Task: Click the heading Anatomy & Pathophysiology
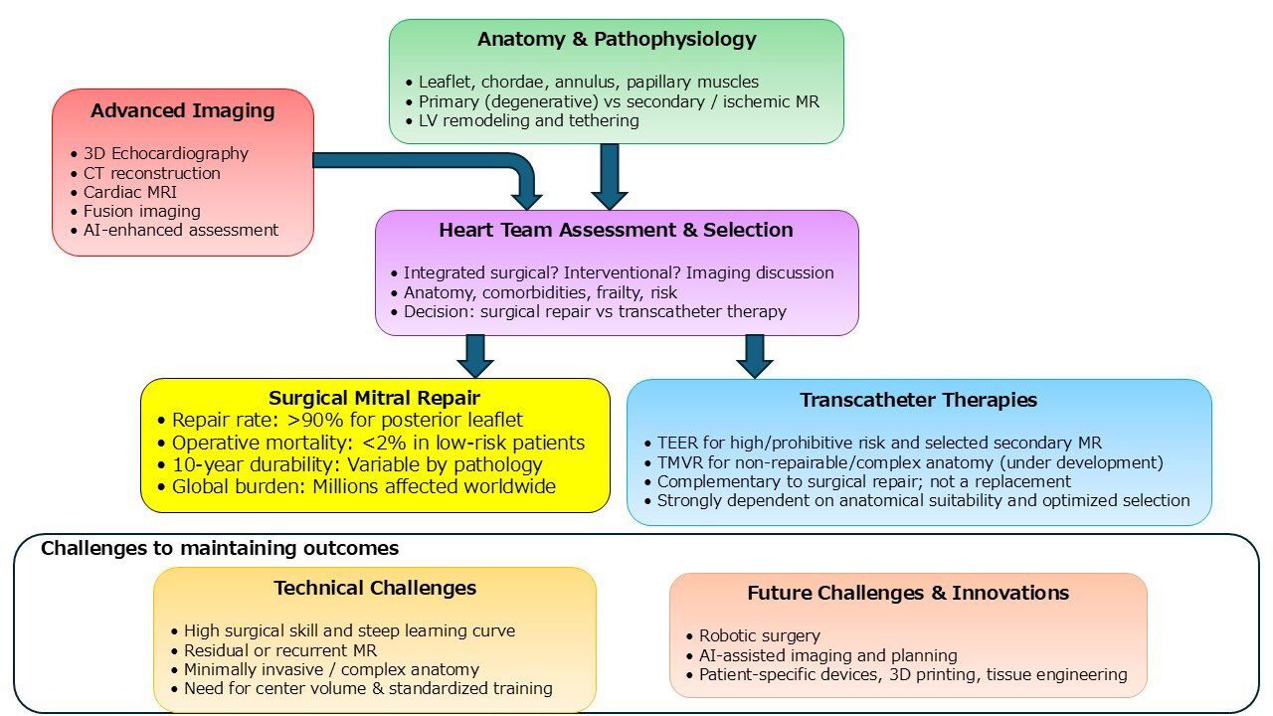[617, 40]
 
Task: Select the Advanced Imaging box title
[183, 110]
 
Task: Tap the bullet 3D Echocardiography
[165, 154]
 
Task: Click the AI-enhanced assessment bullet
[180, 230]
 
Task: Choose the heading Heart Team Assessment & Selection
[616, 230]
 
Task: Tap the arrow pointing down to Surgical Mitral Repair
[475, 355]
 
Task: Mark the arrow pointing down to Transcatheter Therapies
[755, 355]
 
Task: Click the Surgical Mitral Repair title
[375, 399]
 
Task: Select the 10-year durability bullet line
[357, 464]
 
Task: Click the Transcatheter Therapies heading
[918, 400]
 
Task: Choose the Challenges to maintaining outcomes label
[220, 548]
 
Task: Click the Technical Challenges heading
[375, 588]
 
